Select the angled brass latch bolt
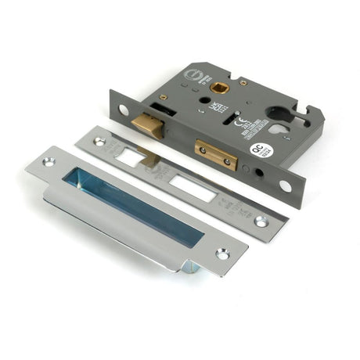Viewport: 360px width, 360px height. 148,125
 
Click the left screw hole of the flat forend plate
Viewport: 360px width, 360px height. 99,142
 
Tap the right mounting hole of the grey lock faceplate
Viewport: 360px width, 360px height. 285,186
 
